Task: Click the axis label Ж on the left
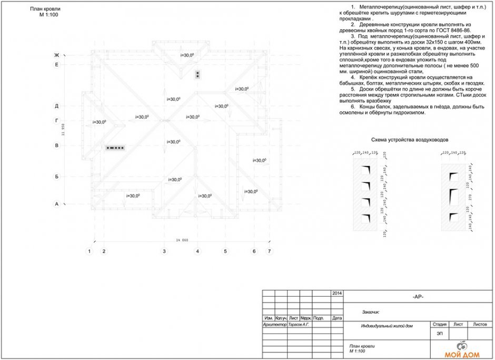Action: [56, 55]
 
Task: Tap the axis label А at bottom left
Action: [56, 203]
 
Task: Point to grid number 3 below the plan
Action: [164, 251]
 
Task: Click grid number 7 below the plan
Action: [270, 251]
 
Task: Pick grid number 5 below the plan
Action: [225, 251]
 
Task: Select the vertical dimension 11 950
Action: [63, 129]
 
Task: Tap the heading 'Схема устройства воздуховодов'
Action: [410, 140]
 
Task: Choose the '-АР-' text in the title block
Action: [418, 297]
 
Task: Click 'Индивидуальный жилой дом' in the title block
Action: [387, 326]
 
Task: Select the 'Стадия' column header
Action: [439, 324]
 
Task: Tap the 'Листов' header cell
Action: [480, 324]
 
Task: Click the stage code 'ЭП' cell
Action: [439, 334]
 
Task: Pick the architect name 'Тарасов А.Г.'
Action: [299, 325]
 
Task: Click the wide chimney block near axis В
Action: [115, 148]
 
